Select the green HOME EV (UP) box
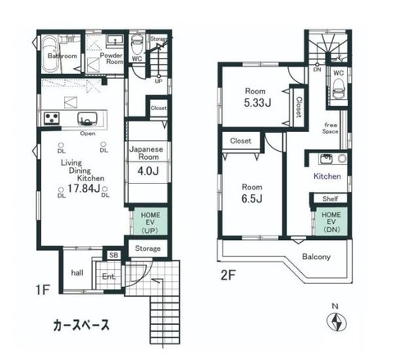click(148, 221)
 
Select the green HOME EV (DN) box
click(331, 223)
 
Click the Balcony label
click(316, 257)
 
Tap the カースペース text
click(80, 324)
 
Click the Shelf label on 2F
click(330, 198)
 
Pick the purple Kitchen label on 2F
click(327, 176)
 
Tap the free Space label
click(330, 128)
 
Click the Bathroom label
click(61, 57)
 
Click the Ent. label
click(107, 276)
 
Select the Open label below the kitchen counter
click(87, 134)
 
